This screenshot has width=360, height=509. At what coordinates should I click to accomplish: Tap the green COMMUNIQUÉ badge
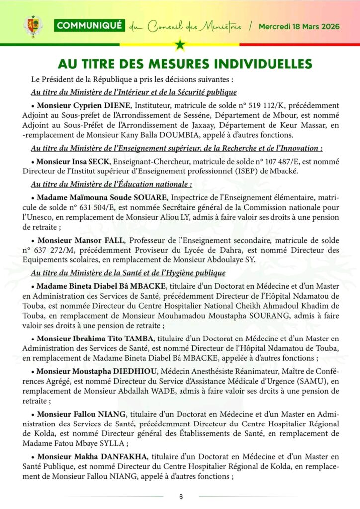(89, 26)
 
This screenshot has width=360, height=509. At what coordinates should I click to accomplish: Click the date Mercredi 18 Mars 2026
(299, 26)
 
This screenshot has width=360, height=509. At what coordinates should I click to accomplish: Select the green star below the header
(180, 45)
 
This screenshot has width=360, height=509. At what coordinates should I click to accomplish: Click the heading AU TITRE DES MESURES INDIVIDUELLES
(184, 64)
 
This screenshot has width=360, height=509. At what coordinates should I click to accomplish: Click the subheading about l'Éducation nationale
(111, 184)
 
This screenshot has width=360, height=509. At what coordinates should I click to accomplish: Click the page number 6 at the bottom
(181, 497)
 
